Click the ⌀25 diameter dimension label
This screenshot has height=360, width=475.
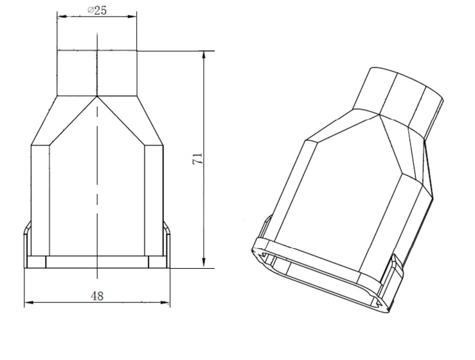coord(97,10)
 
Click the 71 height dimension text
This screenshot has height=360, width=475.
coord(197,159)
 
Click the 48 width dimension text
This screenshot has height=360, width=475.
coord(97,296)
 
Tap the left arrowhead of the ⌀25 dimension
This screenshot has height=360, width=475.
coord(62,16)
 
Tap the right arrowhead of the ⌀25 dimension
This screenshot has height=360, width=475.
coord(132,16)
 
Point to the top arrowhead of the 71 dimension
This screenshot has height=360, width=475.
coord(204,56)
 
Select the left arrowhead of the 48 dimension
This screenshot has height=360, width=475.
coord(29,302)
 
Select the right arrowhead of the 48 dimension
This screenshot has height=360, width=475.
coord(165,302)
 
